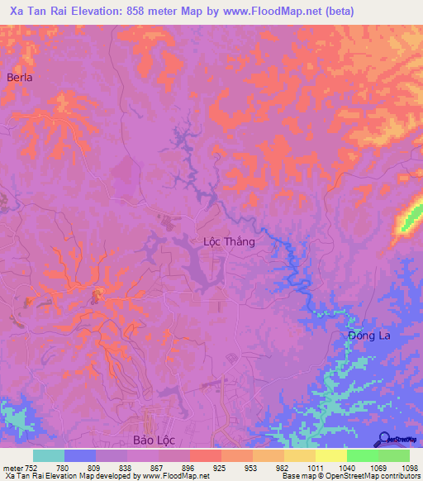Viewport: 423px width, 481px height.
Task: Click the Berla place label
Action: click(x=19, y=77)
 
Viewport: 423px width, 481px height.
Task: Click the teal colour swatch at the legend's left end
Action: click(x=49, y=455)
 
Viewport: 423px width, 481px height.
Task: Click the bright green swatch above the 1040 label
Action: click(x=362, y=455)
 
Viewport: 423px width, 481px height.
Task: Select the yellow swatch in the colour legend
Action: click(x=330, y=455)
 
